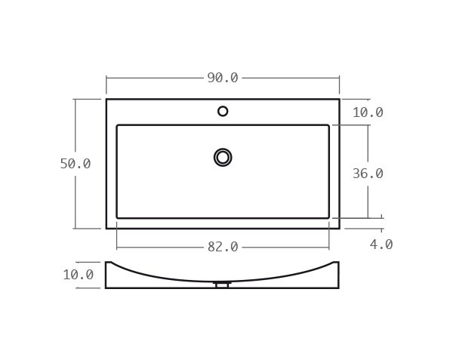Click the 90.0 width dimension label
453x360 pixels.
point(223,78)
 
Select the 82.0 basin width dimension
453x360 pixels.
point(223,247)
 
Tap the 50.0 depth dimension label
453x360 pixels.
point(75,164)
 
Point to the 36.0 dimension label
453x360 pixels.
point(368,174)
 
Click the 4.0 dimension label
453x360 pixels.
point(381,245)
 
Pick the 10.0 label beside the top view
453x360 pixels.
point(368,112)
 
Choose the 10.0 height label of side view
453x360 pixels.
point(78,275)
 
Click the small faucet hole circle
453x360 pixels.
point(223,111)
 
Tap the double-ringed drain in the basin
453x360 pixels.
point(223,157)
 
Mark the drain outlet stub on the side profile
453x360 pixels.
point(222,285)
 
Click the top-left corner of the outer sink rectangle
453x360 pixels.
point(106,99)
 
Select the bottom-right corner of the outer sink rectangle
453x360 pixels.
point(339,228)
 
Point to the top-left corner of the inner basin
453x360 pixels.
point(117,125)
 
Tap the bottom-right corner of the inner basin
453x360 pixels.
point(328,218)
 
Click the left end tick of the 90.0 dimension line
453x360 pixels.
point(106,78)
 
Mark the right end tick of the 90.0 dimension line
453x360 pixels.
point(339,78)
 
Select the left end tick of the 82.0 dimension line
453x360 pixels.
point(117,247)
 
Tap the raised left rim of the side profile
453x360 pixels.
point(109,264)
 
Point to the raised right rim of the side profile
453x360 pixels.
point(336,264)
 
